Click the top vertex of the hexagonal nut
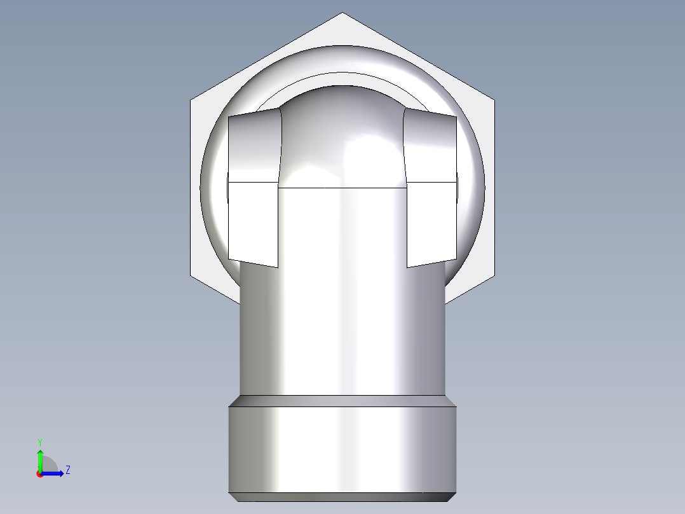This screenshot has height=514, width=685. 342,13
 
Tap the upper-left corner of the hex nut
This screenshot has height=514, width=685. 191,100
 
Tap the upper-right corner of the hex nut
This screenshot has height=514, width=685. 494,100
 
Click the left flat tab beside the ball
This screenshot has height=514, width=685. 254,216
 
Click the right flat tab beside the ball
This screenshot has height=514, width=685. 431,216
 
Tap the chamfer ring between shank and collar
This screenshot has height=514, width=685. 342,401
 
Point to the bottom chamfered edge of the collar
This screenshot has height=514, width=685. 342,497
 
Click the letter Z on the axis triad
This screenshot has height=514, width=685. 67,470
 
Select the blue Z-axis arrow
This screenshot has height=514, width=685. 55,473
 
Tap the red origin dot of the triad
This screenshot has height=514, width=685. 39,474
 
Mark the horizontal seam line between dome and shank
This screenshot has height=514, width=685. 342,188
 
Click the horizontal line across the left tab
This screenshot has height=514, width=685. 254,182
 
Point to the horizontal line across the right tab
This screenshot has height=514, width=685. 431,182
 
